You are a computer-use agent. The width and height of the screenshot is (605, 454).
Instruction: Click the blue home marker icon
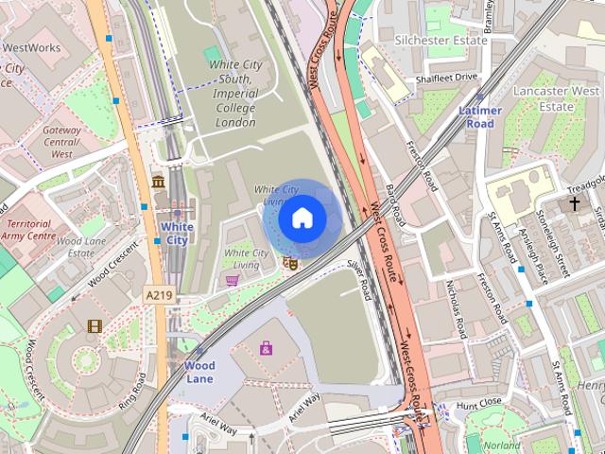(x=302, y=218)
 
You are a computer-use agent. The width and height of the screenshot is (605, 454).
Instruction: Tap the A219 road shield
(x=159, y=296)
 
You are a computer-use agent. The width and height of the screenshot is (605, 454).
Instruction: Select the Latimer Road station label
(x=480, y=117)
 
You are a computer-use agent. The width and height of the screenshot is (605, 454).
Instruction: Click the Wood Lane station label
(x=199, y=372)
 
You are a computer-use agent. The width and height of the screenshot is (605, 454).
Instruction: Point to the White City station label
(x=177, y=234)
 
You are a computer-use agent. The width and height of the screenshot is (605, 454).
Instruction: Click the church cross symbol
(x=574, y=203)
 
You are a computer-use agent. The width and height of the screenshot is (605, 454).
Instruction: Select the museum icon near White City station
(x=158, y=181)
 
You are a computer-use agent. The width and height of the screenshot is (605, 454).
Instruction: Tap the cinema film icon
(x=95, y=326)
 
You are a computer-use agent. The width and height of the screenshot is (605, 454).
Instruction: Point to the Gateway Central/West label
(x=61, y=142)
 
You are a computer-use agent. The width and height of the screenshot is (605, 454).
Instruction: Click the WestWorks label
(x=31, y=46)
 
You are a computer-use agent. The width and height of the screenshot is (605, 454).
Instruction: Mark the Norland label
(x=500, y=445)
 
